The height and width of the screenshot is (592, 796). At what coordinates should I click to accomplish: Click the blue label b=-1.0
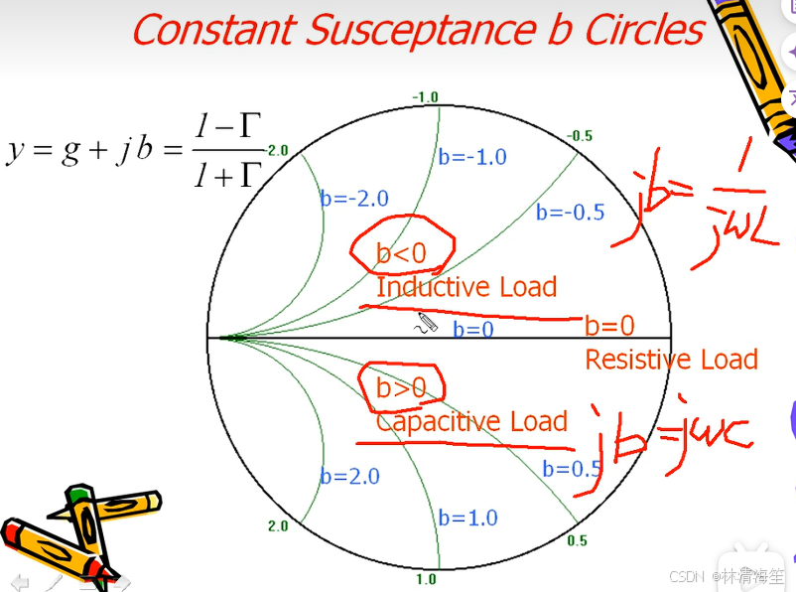click(472, 157)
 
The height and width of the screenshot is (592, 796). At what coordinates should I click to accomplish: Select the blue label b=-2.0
click(354, 198)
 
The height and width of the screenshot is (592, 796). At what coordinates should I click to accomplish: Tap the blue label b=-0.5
click(570, 212)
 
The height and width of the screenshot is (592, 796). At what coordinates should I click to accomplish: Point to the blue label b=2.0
click(349, 477)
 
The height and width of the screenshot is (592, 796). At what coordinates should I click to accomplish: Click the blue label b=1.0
click(467, 518)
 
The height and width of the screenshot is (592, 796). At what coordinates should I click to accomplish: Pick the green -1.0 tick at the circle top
click(425, 96)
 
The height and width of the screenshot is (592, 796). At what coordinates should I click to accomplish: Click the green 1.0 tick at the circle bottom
click(426, 579)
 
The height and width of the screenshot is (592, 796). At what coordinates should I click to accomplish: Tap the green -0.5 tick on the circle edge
click(580, 135)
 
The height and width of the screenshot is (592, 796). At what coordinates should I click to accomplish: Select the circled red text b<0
click(401, 253)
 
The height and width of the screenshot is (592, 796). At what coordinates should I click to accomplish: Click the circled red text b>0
click(401, 388)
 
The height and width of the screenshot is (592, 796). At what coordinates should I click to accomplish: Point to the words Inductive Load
click(466, 288)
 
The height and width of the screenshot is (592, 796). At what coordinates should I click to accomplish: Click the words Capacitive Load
click(471, 421)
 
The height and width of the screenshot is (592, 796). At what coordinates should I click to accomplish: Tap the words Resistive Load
click(671, 360)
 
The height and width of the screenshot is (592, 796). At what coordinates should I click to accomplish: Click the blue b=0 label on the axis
click(473, 330)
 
